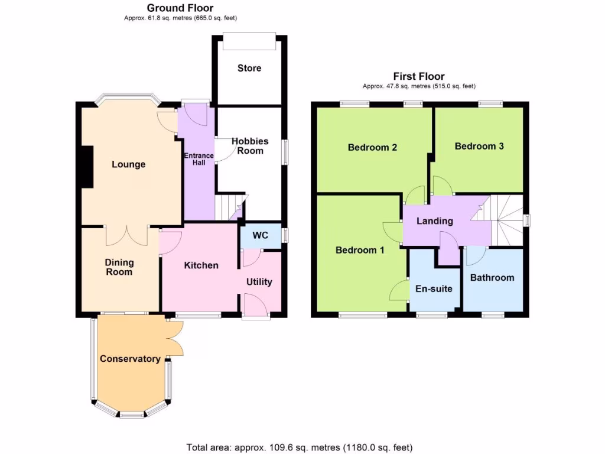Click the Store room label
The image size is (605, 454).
coord(249,68)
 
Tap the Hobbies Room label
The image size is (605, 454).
coord(249,146)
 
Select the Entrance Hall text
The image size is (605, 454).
coord(199,159)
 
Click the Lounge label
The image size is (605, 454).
coord(129,164)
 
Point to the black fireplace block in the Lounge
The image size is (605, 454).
coord(87,167)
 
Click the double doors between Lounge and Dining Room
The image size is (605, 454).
coord(126,235)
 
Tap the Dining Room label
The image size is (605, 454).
coord(120,267)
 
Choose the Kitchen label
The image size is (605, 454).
coord(201,265)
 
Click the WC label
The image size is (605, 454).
coord(261,235)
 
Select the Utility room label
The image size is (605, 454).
coord(259,281)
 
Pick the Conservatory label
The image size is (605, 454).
coord(130,359)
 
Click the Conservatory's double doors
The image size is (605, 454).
coord(175,338)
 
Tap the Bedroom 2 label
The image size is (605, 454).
coord(372,147)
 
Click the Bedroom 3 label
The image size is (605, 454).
coord(479,146)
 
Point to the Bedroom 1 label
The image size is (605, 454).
coord(360,250)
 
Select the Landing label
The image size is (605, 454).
coord(435,221)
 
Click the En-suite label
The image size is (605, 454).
coord(434,288)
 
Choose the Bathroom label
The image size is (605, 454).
coord(492,277)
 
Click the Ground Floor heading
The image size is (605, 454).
coord(180,8)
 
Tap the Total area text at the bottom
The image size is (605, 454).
coord(299,447)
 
